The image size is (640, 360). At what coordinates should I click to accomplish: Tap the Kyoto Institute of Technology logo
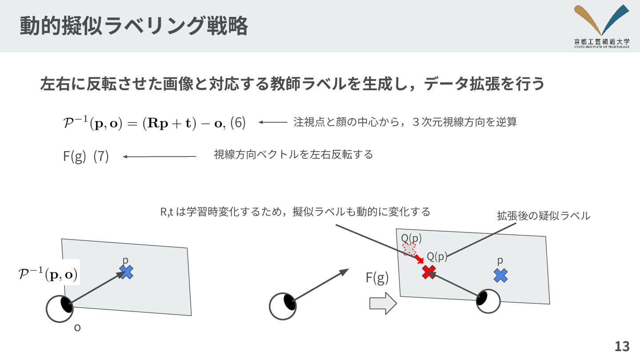(601, 26)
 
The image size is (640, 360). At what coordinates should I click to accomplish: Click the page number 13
(622, 346)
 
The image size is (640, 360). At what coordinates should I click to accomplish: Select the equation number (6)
(238, 123)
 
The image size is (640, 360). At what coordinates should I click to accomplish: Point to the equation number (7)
(101, 156)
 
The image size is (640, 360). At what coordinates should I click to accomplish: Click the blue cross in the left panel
(127, 272)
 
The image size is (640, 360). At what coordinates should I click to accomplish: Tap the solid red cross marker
(428, 272)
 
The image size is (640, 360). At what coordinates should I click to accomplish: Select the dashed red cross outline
(409, 249)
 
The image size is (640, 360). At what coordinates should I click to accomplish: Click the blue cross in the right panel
(500, 275)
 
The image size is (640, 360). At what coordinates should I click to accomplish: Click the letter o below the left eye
(77, 328)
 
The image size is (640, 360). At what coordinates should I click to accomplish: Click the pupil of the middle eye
(289, 302)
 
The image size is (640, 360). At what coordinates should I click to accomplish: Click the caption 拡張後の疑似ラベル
(543, 216)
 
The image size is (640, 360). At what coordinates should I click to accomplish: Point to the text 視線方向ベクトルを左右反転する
(293, 155)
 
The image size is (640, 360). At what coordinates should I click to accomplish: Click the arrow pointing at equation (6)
(273, 122)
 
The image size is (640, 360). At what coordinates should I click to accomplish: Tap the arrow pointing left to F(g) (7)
(159, 156)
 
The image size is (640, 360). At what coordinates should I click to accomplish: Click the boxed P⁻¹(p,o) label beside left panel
(48, 272)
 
